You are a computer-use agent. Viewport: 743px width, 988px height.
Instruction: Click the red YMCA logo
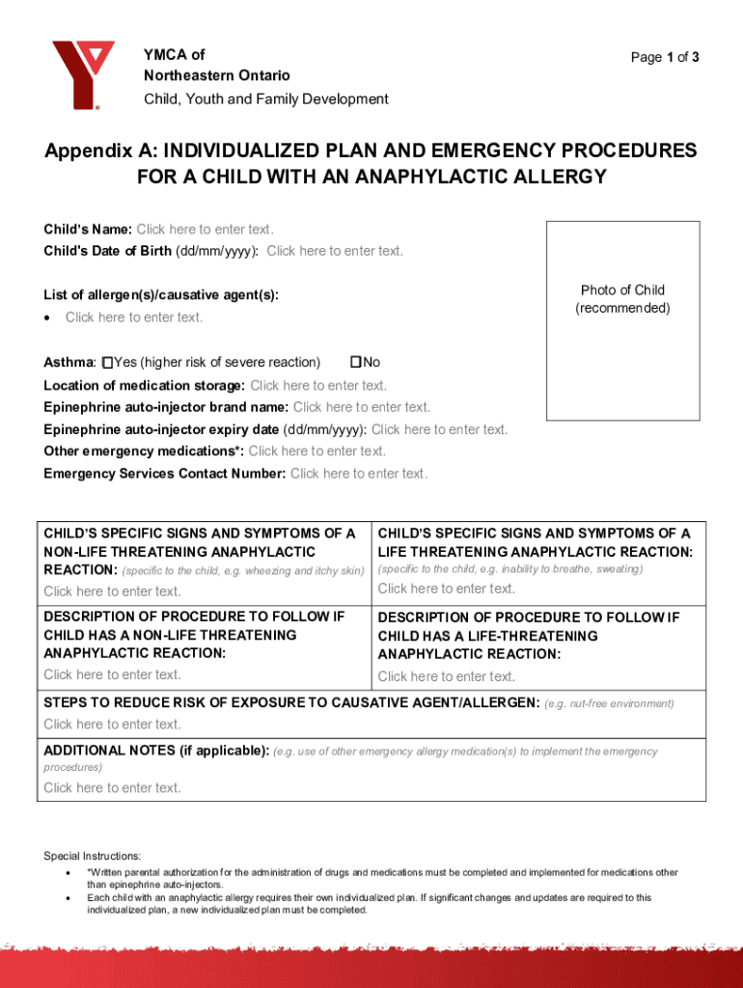pyautogui.click(x=83, y=73)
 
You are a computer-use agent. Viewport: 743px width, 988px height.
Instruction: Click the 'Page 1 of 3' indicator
pyautogui.click(x=665, y=57)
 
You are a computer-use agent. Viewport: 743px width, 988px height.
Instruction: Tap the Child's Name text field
pyautogui.click(x=205, y=230)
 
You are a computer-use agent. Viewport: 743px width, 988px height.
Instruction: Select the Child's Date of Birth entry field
pyautogui.click(x=334, y=251)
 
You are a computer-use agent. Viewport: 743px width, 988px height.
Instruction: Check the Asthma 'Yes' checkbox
pyautogui.click(x=108, y=362)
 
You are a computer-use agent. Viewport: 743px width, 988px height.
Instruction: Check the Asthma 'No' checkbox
pyautogui.click(x=355, y=362)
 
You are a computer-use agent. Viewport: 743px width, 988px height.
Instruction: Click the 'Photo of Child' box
pyautogui.click(x=622, y=320)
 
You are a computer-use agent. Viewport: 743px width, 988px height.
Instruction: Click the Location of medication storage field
pyautogui.click(x=318, y=385)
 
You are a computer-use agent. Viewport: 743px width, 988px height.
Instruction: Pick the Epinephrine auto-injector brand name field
pyautogui.click(x=362, y=407)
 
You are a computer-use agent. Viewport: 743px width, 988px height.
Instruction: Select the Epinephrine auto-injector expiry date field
pyautogui.click(x=439, y=429)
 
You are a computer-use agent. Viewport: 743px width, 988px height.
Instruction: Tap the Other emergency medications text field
pyautogui.click(x=316, y=451)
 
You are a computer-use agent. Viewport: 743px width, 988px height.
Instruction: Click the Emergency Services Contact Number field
pyautogui.click(x=358, y=473)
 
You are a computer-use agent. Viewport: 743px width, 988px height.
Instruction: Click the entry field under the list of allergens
pyautogui.click(x=134, y=317)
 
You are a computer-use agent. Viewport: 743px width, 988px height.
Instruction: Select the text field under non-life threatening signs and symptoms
pyautogui.click(x=112, y=591)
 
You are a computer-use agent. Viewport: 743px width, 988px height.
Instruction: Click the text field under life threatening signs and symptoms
pyautogui.click(x=447, y=589)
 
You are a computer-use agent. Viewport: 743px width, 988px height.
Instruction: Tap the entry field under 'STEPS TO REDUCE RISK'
pyautogui.click(x=112, y=725)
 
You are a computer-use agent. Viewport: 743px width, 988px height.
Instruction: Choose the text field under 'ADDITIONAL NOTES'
pyautogui.click(x=112, y=788)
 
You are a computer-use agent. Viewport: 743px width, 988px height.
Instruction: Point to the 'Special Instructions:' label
pyautogui.click(x=93, y=856)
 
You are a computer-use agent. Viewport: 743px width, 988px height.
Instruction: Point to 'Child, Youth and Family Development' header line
pyautogui.click(x=266, y=98)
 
